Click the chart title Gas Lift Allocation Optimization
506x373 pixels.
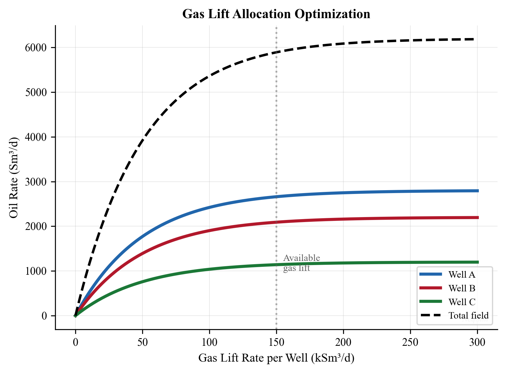click(x=276, y=14)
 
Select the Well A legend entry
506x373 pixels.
click(x=462, y=274)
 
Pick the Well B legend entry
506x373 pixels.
click(x=462, y=288)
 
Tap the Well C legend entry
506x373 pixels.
click(x=462, y=302)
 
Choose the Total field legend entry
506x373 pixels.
click(x=468, y=316)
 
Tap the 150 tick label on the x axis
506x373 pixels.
click(x=276, y=342)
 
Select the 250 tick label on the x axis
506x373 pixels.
click(x=410, y=342)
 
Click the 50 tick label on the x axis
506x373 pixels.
click(x=142, y=342)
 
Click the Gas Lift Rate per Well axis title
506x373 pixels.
click(x=276, y=358)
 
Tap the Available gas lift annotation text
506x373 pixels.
click(x=301, y=263)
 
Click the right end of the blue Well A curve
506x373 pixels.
click(x=477, y=191)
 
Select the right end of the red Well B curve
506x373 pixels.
click(x=477, y=217)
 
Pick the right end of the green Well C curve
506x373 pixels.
click(x=477, y=262)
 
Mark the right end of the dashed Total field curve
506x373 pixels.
click(x=473, y=39)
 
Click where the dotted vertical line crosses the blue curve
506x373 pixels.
click(x=276, y=197)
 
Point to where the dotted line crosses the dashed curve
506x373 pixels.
click(x=276, y=52)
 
